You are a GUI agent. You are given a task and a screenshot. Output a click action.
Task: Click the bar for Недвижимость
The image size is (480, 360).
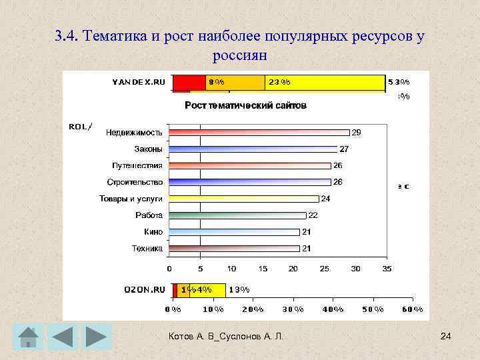[259, 133]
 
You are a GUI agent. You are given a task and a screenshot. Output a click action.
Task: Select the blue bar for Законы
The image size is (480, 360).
[253, 149]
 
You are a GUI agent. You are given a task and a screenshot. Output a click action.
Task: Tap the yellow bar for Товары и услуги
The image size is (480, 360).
[244, 199]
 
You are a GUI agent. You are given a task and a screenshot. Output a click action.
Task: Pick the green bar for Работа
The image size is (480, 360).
[237, 215]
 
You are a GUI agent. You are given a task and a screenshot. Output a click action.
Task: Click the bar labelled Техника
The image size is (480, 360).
[235, 249]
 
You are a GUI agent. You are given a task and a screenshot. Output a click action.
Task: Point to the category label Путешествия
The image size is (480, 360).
[137, 165]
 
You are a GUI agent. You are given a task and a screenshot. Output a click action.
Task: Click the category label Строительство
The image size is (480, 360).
[135, 182]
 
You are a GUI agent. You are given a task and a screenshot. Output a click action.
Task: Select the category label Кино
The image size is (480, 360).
[153, 232]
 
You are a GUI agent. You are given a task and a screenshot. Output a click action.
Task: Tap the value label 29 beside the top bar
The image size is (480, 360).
[357, 133]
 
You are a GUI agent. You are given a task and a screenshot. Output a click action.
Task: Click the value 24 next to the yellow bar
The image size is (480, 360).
[326, 199]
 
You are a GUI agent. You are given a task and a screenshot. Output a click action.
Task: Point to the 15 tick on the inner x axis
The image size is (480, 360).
[263, 269]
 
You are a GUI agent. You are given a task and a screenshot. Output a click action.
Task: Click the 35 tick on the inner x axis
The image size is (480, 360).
[387, 269]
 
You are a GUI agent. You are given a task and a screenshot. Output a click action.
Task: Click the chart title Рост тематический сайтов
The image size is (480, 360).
[245, 105]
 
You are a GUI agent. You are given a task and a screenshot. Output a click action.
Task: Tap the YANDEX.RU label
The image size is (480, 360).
[138, 82]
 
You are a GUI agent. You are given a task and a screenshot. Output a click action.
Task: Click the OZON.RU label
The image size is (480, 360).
[144, 289]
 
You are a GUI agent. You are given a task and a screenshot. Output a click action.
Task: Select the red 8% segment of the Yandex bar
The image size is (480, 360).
[190, 82]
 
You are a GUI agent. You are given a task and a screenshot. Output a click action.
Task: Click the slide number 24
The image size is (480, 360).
[446, 338]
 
